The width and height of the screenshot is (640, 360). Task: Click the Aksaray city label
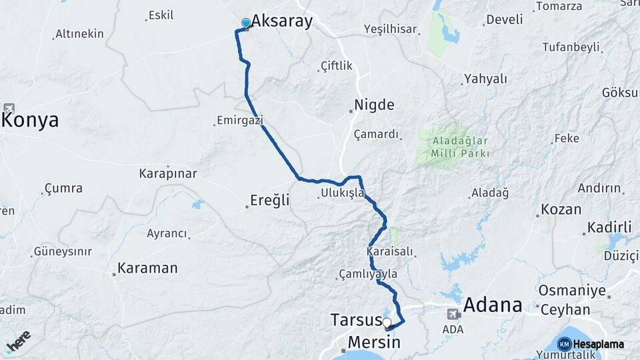(281, 21)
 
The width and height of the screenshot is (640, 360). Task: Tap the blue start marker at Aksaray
(246, 24)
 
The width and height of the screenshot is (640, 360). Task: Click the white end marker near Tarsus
(387, 323)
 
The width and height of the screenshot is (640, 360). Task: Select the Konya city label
(31, 120)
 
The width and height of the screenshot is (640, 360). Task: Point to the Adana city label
(493, 305)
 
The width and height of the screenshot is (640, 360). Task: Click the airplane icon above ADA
(453, 313)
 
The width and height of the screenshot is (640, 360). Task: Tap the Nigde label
(374, 105)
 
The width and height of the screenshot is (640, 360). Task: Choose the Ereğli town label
(270, 200)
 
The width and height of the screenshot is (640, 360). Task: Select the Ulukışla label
(342, 193)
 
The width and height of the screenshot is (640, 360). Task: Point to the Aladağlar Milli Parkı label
(461, 147)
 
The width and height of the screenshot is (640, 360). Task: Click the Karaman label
(147, 269)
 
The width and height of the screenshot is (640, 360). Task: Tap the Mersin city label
(373, 343)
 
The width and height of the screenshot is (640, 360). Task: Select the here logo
(18, 341)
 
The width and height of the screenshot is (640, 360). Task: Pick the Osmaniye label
(572, 291)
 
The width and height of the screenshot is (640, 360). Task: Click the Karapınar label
(168, 174)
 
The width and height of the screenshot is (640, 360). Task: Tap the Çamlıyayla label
(368, 274)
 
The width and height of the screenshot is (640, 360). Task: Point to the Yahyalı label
(485, 79)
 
